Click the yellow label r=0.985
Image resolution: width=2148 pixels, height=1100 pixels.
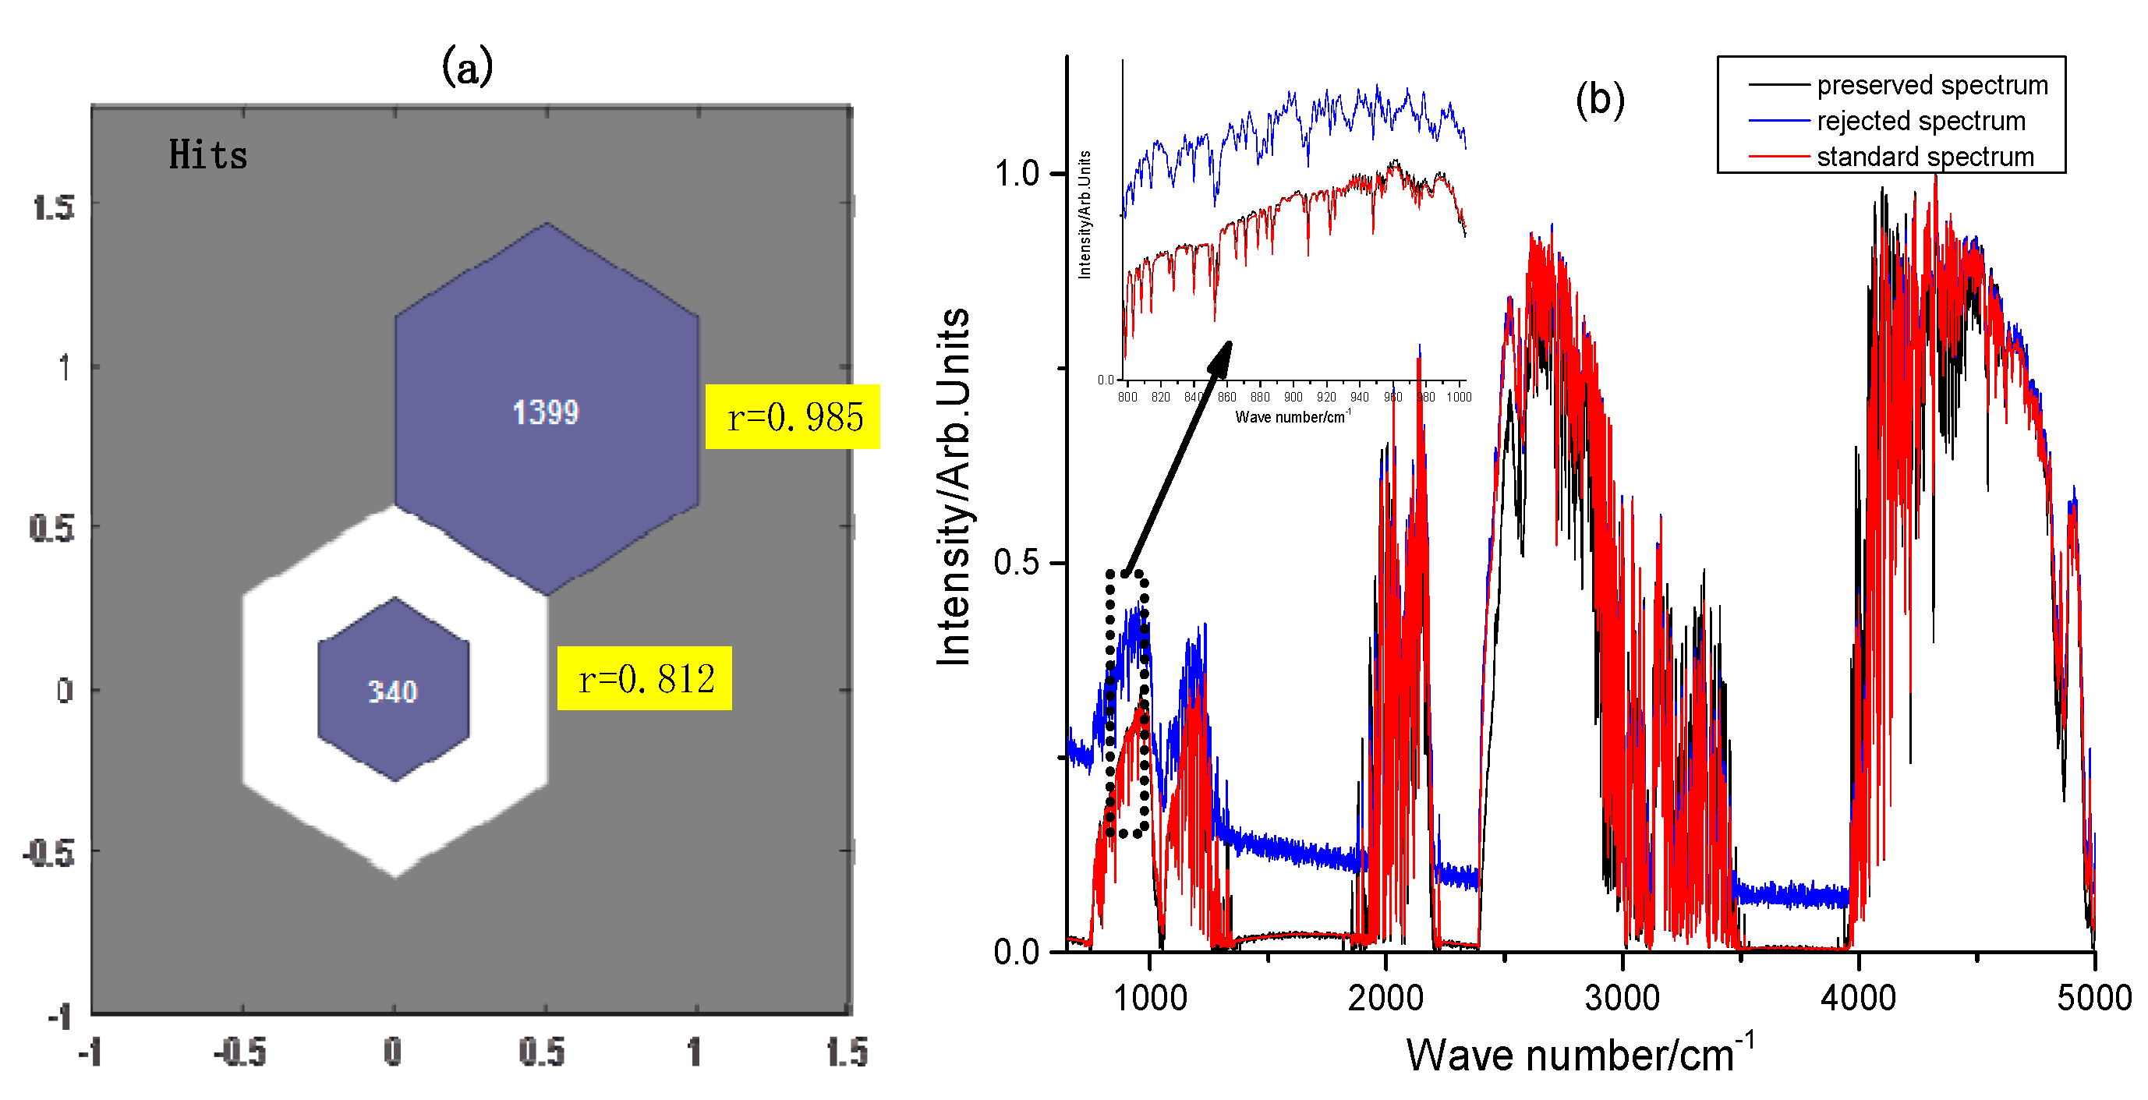coord(792,416)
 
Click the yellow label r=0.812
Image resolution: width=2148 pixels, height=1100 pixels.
coord(645,678)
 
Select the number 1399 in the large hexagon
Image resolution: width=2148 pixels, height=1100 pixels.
coord(545,412)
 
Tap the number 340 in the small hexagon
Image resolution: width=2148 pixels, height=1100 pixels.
coord(393,691)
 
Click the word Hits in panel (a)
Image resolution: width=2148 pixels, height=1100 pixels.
coord(207,155)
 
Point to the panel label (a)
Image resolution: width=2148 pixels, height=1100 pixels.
coord(467,66)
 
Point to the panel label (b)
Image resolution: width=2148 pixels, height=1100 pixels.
coord(1599,99)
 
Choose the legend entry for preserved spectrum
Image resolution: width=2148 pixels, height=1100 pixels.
coord(1931,85)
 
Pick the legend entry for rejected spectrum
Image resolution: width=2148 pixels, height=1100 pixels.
coord(1920,121)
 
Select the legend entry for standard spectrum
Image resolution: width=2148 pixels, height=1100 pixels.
coord(1924,157)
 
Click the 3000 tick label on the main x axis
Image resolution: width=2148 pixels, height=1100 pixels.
coord(1622,997)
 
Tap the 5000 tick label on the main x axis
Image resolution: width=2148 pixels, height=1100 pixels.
coord(2093,997)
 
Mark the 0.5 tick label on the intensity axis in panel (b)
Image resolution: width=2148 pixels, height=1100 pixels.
coord(1016,562)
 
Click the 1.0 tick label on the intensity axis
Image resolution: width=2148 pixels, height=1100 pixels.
coord(1016,174)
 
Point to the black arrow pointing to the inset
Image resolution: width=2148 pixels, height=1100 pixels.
coord(1177,457)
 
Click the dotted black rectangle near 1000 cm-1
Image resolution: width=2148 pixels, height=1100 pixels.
coord(1127,702)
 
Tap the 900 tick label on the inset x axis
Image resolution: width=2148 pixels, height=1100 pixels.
coord(1293,397)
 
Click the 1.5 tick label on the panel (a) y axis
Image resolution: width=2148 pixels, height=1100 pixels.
coord(53,207)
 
